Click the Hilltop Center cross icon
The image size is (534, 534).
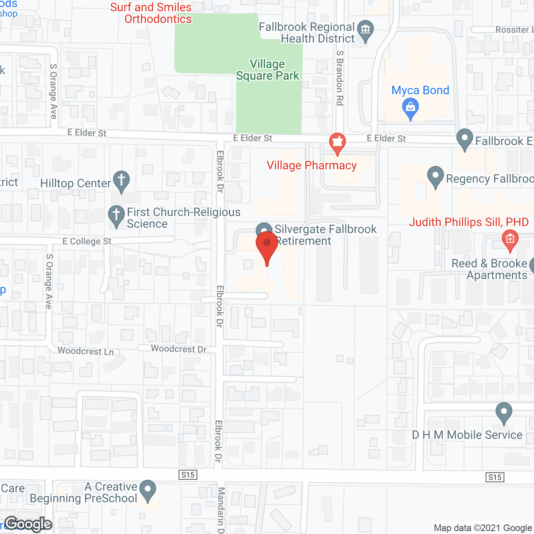tap(121, 181)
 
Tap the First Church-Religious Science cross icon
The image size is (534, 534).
tap(116, 215)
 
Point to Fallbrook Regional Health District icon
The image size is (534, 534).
tap(365, 30)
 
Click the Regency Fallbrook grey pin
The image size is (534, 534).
tap(436, 176)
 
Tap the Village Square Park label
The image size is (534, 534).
tap(268, 70)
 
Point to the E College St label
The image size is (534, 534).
tap(87, 241)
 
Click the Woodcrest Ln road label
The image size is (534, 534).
tap(86, 351)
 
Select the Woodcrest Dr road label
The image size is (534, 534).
tap(179, 349)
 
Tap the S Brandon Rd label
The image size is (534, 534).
tap(340, 78)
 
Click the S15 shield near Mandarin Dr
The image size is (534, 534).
tap(188, 475)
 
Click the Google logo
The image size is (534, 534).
tap(28, 524)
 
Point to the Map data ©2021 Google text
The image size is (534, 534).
tap(483, 528)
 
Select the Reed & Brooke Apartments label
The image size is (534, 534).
tap(489, 269)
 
